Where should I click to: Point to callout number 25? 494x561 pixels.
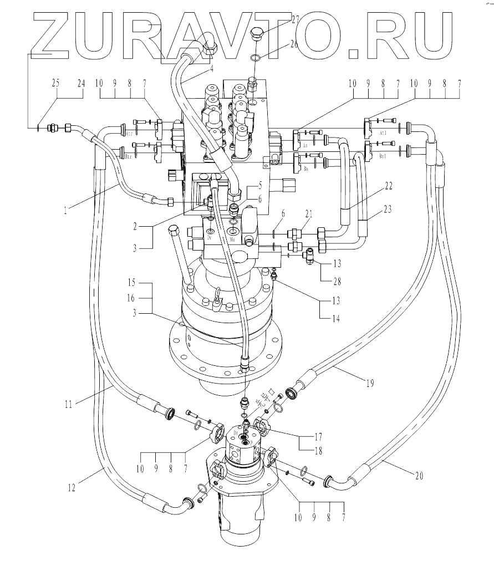tap(55, 83)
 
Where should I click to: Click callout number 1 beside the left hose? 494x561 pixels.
tap(65, 211)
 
